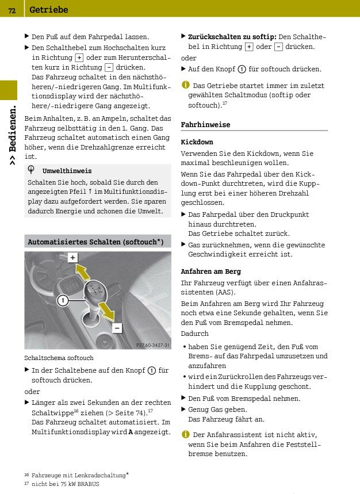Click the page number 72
click(x=12, y=9)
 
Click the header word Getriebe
click(x=48, y=10)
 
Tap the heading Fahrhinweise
click(x=205, y=124)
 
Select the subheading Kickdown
click(x=197, y=141)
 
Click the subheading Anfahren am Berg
click(x=210, y=271)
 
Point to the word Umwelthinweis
click(x=67, y=171)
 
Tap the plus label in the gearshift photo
click(x=72, y=258)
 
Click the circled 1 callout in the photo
click(x=63, y=300)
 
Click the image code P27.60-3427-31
click(x=153, y=345)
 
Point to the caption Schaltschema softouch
click(x=59, y=358)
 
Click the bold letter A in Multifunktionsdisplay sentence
click(x=131, y=432)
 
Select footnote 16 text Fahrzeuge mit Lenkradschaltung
click(x=80, y=475)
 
